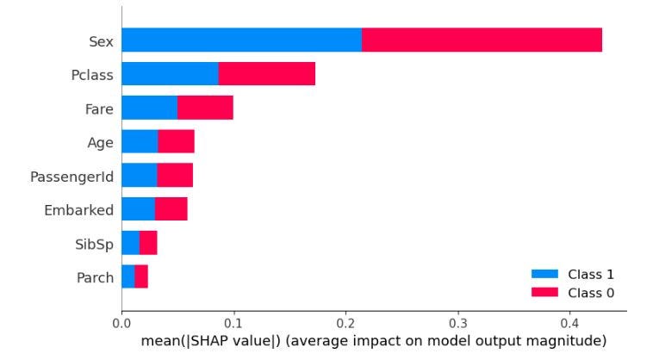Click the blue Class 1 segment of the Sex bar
(x=241, y=40)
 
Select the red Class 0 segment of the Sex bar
(x=482, y=40)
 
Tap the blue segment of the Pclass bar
(x=170, y=73)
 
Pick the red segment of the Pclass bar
(x=267, y=73)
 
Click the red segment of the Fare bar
(x=205, y=108)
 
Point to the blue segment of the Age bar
(x=140, y=141)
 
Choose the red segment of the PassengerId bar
(x=175, y=175)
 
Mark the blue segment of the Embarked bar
(x=138, y=208)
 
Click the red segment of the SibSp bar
(x=148, y=243)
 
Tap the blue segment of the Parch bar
(x=128, y=276)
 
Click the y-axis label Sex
(x=100, y=40)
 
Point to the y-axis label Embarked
(x=78, y=209)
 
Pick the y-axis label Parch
(x=94, y=277)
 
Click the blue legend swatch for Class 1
(x=545, y=275)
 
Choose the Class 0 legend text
(x=590, y=293)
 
